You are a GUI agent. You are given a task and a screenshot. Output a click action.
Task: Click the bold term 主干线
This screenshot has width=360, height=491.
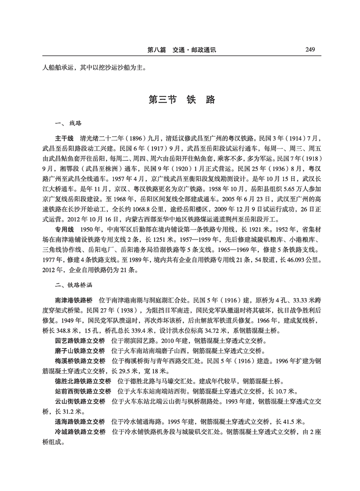click(x=64, y=138)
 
